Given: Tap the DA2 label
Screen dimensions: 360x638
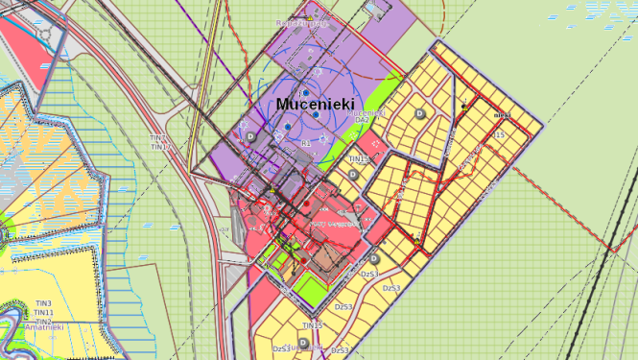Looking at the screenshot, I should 362,120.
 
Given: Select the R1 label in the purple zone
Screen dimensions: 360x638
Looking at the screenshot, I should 306,143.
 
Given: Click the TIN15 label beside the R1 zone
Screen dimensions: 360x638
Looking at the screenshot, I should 359,159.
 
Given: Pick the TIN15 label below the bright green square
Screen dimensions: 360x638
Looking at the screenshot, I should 312,325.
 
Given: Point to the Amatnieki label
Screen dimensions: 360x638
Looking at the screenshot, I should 45,327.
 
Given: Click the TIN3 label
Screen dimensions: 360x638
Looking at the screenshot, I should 43,304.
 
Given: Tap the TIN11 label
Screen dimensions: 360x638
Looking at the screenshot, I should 43,313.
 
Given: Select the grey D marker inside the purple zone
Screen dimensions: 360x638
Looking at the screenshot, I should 252,137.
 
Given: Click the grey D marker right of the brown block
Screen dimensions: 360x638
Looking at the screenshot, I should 373,259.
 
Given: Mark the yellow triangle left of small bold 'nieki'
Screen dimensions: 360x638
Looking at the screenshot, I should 464,107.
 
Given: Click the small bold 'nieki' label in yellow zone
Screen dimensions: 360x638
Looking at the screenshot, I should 501,115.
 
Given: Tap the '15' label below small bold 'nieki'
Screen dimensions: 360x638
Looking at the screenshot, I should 498,136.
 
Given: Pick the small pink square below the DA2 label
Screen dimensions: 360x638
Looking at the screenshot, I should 377,144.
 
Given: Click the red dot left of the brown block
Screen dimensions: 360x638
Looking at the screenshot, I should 303,259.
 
